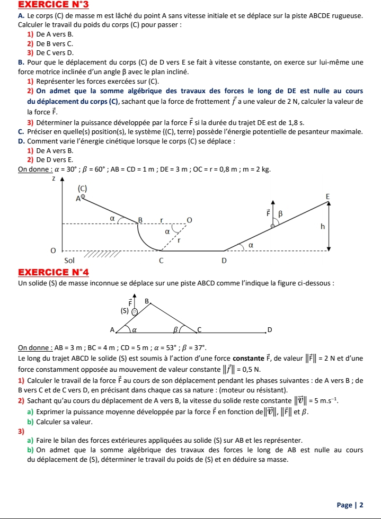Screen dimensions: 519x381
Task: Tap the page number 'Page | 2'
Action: coord(350,505)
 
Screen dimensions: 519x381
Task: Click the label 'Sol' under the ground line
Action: coord(69,260)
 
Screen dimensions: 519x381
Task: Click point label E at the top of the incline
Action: coord(327,196)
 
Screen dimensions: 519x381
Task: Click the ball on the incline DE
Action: coord(273,226)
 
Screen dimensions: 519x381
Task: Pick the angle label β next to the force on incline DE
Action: coord(281,213)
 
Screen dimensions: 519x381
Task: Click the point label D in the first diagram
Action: coord(224,261)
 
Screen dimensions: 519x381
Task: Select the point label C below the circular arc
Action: coord(162,261)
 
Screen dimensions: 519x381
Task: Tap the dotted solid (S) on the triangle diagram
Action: coord(135,312)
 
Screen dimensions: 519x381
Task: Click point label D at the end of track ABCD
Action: coord(269,330)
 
